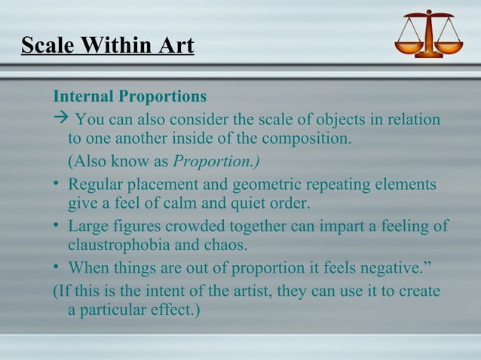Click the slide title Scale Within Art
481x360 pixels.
coord(107,46)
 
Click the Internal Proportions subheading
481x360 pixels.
coord(129,97)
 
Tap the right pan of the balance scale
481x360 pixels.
coord(450,47)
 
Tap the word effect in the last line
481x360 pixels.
coord(173,310)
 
